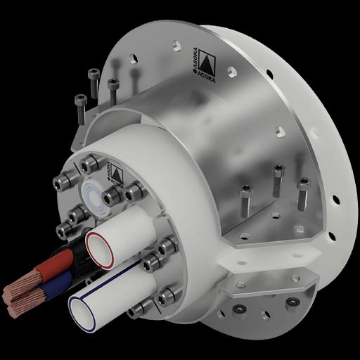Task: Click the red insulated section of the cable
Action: click(53, 270)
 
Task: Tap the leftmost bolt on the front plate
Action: click(60, 184)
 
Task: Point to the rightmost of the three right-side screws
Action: click(302, 193)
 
